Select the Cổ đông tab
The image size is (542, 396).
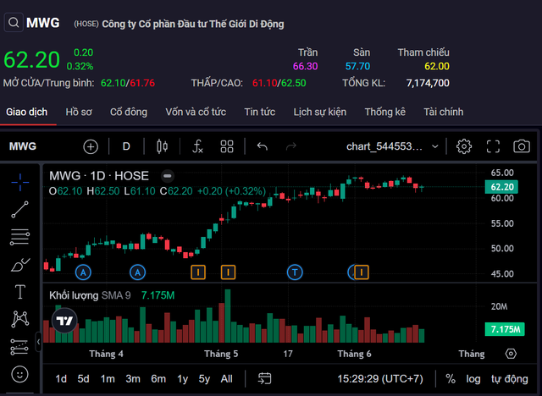point(129,112)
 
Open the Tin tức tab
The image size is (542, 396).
point(260,112)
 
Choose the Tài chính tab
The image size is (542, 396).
point(444,112)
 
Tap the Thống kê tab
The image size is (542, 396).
point(385,112)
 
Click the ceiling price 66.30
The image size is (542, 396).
point(305,66)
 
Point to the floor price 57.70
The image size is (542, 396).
point(357,66)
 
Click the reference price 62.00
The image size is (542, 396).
point(437,66)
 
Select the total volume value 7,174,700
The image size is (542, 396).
point(428,83)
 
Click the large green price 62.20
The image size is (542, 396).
point(32,59)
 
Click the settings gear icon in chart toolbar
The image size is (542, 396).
point(464,146)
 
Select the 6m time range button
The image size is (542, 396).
point(158,378)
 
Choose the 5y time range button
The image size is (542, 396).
point(204,378)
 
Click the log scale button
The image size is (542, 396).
point(473,378)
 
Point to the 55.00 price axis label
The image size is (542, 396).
point(502,223)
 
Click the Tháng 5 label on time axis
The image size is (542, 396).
point(221,354)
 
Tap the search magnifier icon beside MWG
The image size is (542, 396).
point(13,23)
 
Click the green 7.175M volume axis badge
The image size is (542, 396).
point(503,329)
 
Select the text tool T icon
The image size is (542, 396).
point(19,292)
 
